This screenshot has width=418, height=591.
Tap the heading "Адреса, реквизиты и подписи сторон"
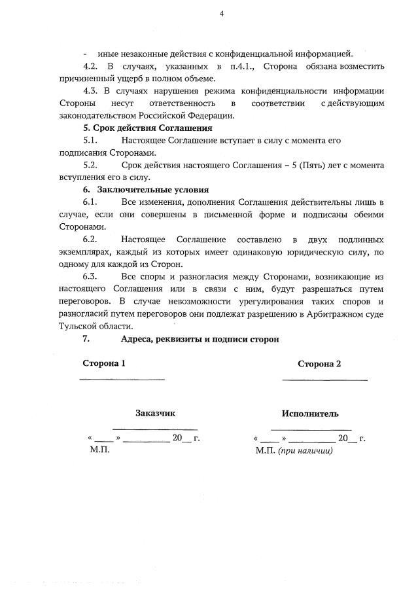[200, 339]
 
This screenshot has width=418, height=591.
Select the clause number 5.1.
[91, 140]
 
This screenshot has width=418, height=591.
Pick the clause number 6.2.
[91, 239]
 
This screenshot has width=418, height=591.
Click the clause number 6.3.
[91, 276]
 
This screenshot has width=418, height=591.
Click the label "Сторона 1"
[103, 364]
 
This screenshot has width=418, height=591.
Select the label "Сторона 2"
[319, 364]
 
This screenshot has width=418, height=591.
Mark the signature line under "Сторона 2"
[324, 378]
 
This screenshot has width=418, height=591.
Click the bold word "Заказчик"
[155, 413]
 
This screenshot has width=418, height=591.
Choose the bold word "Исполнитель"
[310, 414]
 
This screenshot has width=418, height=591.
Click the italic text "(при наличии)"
[305, 450]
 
